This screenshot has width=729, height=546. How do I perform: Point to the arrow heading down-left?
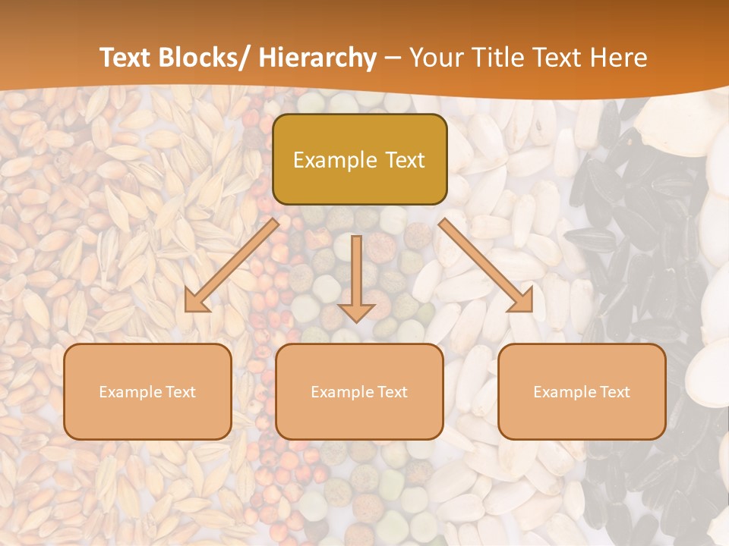point(232,265)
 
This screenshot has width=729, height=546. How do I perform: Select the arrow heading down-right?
point(486,265)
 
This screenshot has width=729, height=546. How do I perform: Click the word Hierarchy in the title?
point(317,58)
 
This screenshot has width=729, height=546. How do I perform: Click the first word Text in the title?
point(127,58)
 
